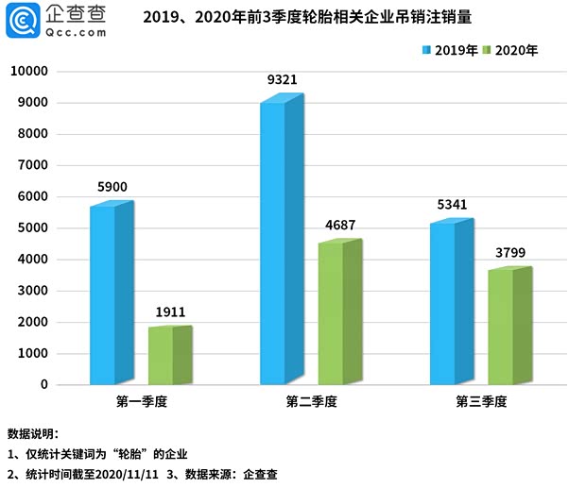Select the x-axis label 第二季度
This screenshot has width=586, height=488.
click(x=311, y=402)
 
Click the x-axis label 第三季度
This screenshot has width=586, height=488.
click(x=481, y=402)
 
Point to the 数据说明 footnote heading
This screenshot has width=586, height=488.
click(x=33, y=435)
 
